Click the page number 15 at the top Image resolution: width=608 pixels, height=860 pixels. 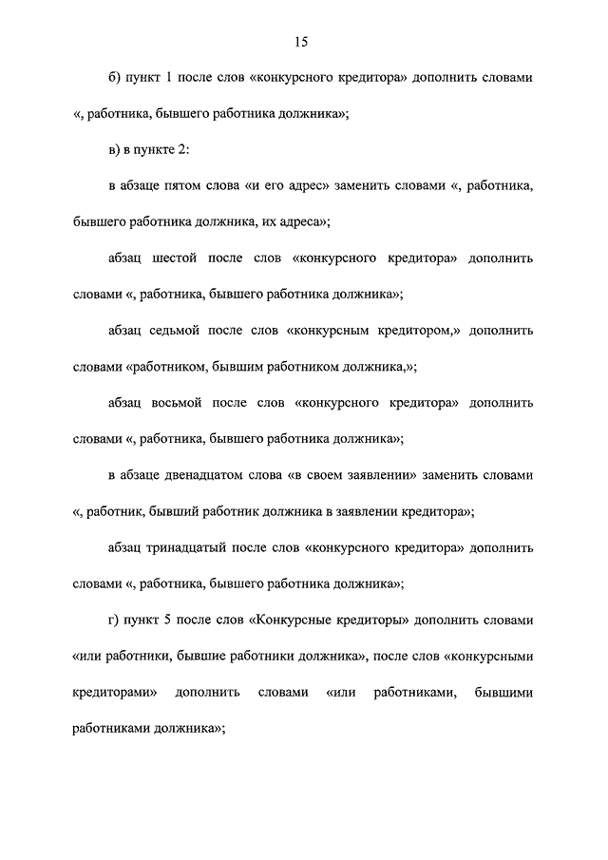pos(301,41)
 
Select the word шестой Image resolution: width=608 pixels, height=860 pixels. pos(177,258)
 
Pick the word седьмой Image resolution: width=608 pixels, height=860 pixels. pos(180,331)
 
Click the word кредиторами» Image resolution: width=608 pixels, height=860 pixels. pos(115,693)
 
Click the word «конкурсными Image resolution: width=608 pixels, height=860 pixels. pos(487,657)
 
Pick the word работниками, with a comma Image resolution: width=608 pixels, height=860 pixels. pos(409,693)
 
